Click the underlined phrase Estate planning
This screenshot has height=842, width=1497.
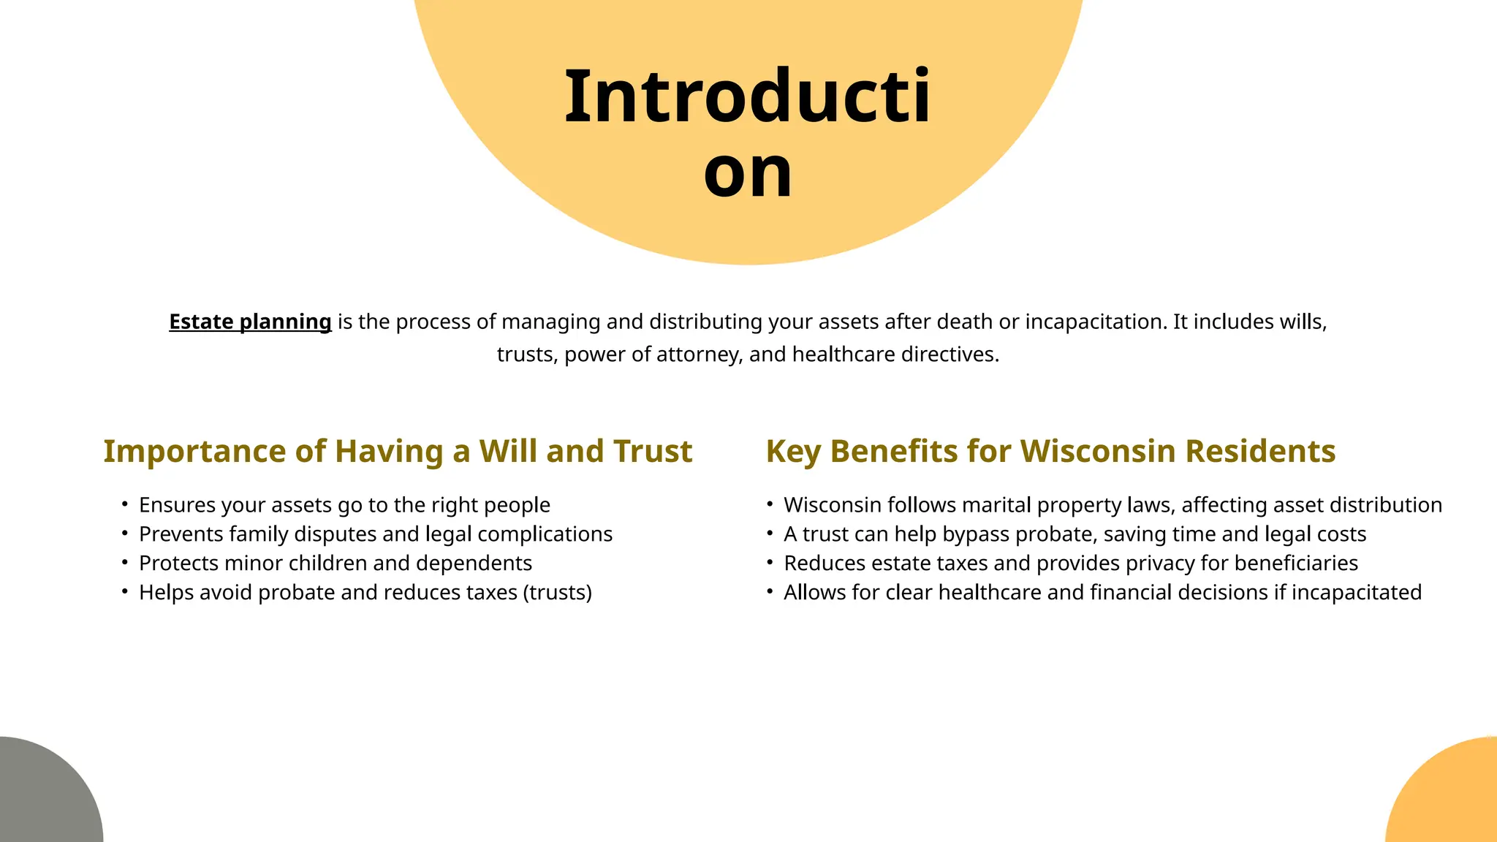click(250, 322)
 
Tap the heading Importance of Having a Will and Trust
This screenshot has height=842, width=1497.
click(398, 451)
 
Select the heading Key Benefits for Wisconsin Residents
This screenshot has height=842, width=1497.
click(1050, 451)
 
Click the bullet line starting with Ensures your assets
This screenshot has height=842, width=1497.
click(344, 505)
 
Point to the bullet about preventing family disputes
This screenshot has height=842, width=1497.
click(376, 534)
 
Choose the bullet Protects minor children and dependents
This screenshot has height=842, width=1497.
click(336, 564)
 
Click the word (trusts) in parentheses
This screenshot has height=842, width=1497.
click(558, 593)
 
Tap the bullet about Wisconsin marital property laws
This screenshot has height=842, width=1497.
click(1113, 505)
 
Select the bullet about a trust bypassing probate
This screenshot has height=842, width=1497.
click(1075, 534)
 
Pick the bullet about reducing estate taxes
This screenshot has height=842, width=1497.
click(1071, 564)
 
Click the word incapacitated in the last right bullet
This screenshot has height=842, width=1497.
click(1357, 593)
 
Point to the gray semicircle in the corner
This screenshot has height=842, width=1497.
click(44, 797)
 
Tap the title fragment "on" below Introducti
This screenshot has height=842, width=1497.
click(748, 172)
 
